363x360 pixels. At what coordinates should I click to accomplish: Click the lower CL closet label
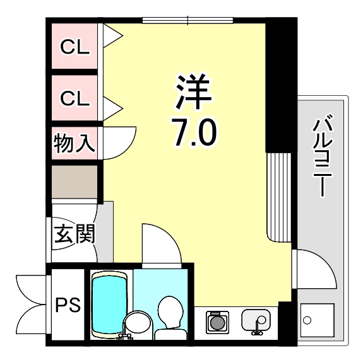[x=75, y=98]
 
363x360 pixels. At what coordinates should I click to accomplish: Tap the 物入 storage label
[x=74, y=143]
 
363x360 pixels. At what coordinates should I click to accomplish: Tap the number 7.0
[x=194, y=134]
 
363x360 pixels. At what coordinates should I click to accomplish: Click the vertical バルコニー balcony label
[x=323, y=154]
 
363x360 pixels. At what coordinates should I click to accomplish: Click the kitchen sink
[x=255, y=321]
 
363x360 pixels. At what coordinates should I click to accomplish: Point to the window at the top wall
[x=187, y=20]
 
